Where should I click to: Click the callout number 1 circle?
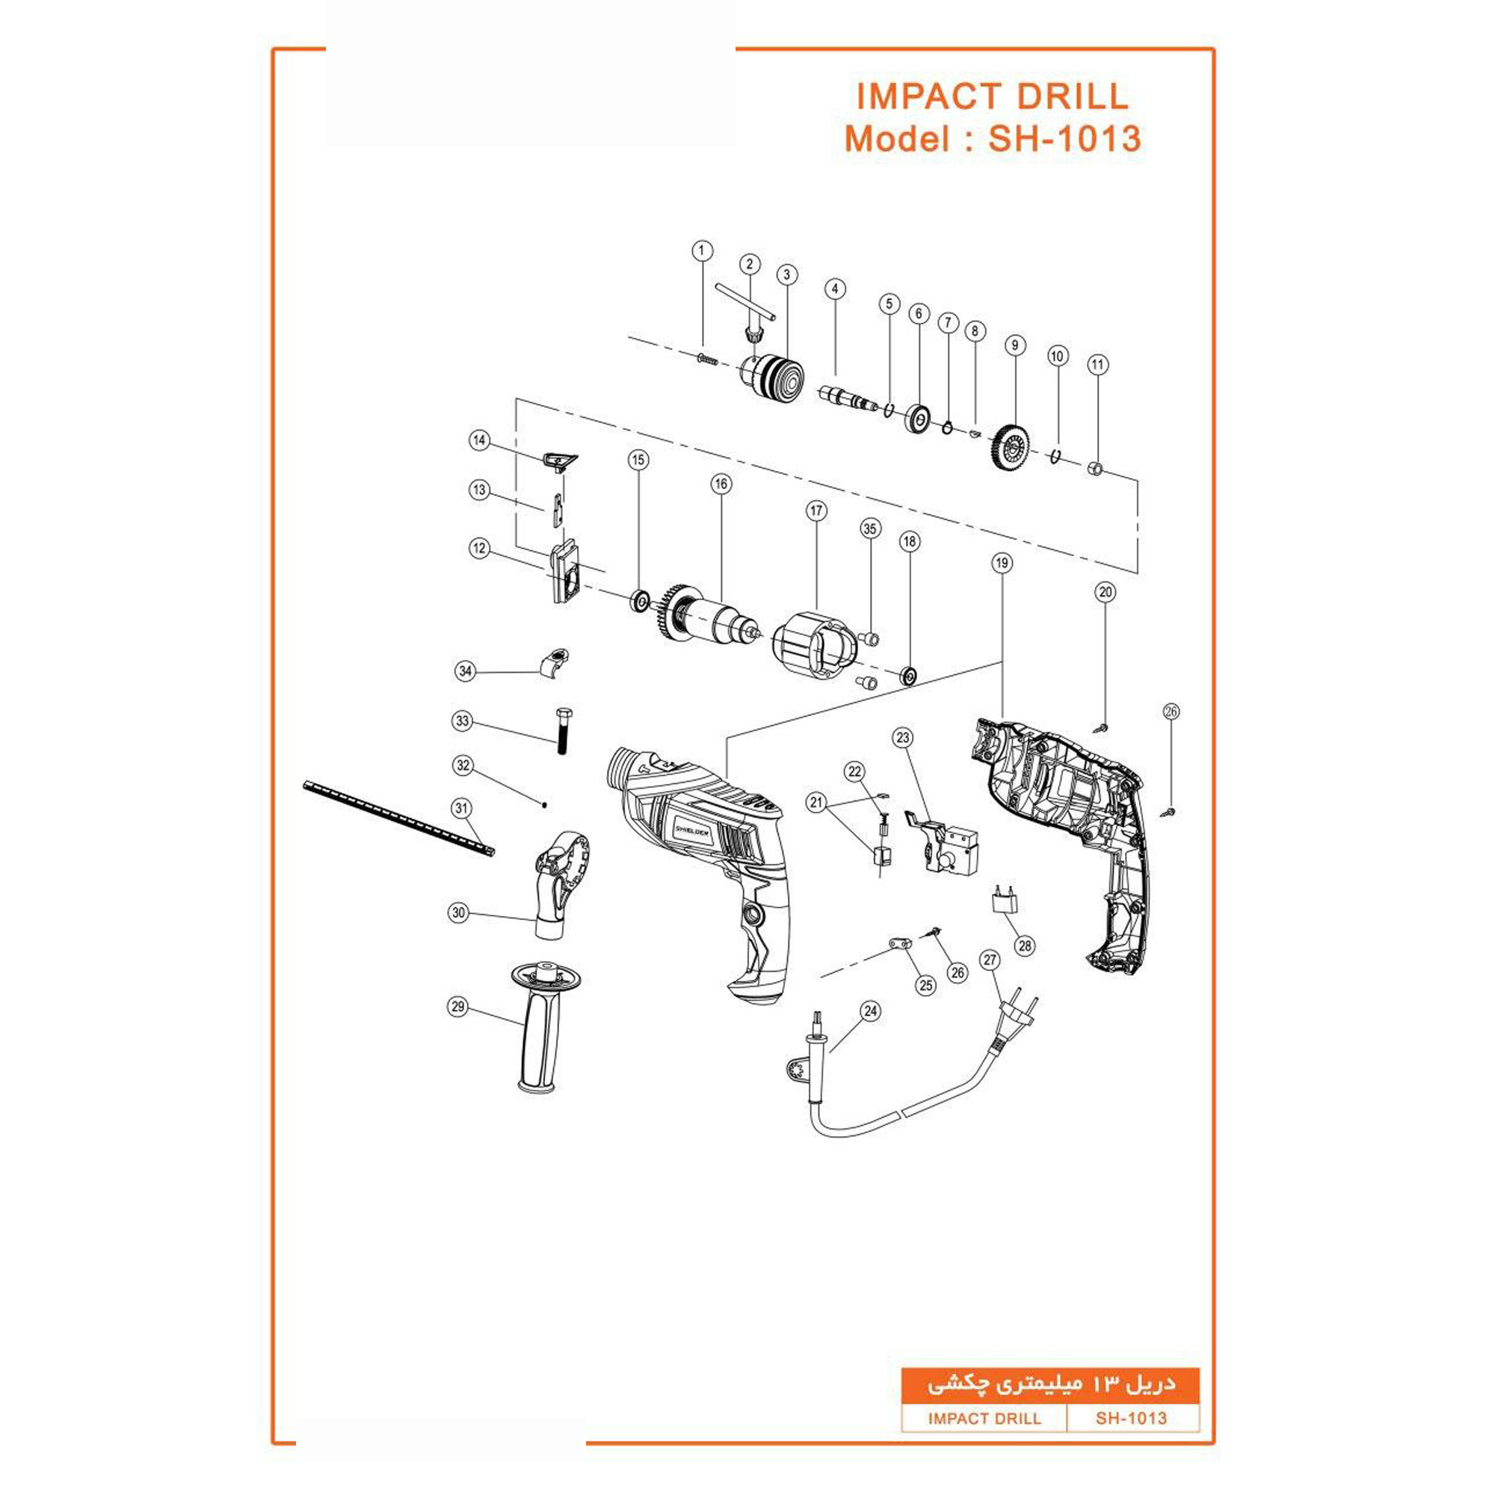click(702, 250)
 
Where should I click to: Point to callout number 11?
click(1098, 365)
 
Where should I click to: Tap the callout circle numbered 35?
click(871, 528)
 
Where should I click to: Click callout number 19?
click(1002, 563)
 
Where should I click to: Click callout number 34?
click(465, 671)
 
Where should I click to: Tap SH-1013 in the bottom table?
click(1130, 1419)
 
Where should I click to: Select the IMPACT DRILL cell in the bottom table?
click(984, 1419)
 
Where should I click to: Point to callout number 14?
click(480, 440)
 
